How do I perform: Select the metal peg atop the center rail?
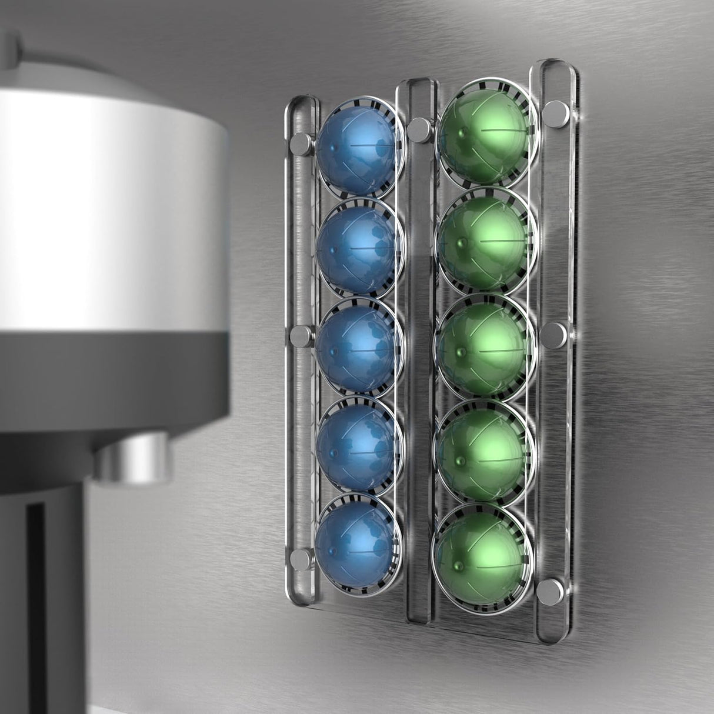pos(419,129)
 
